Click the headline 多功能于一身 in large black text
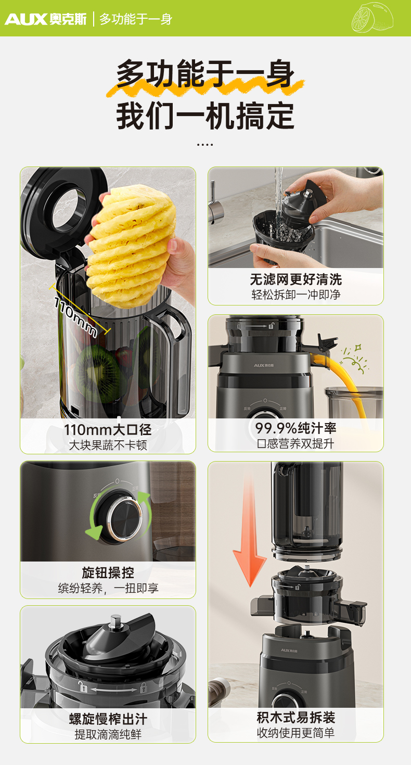[205, 74]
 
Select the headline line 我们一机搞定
[205, 116]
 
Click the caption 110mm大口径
[108, 430]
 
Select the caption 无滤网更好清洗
[296, 279]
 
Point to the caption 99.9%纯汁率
[296, 428]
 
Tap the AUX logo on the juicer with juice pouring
[264, 365]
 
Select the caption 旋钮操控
[108, 573]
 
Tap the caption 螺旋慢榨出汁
[108, 719]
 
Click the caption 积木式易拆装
[296, 717]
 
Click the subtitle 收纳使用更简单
[296, 733]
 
